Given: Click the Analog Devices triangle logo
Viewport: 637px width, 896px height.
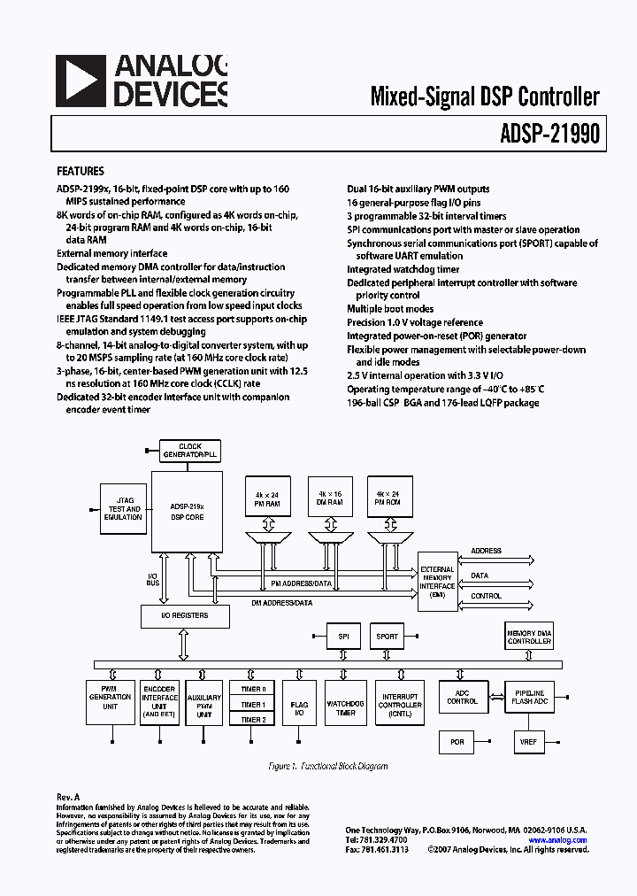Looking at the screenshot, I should pyautogui.click(x=81, y=81).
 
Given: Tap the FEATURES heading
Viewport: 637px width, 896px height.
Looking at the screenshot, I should pyautogui.click(x=81, y=171).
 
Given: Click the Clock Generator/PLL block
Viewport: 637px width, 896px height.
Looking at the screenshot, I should pyautogui.click(x=190, y=450).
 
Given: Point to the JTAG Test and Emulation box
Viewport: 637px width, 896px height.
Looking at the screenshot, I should pyautogui.click(x=122, y=509).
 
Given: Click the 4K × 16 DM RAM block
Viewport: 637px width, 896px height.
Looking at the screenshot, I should pyautogui.click(x=325, y=497).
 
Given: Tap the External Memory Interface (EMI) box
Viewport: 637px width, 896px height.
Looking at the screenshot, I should pyautogui.click(x=437, y=581).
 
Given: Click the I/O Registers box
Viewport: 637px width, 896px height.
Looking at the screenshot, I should pyautogui.click(x=184, y=614).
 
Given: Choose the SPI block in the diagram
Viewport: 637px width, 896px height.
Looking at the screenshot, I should pyautogui.click(x=343, y=636).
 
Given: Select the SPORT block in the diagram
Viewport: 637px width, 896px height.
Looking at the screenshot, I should pyautogui.click(x=387, y=636).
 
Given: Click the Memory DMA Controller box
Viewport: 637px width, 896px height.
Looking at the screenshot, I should pyautogui.click(x=529, y=636).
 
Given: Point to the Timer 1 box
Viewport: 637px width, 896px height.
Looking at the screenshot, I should pyautogui.click(x=253, y=704).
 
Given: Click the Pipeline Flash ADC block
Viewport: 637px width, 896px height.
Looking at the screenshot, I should pyautogui.click(x=529, y=697).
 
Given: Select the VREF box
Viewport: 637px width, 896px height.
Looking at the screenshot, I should pyautogui.click(x=529, y=742).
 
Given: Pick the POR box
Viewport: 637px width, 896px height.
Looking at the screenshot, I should pyautogui.click(x=457, y=742).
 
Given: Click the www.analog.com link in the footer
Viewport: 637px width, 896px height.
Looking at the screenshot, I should pyautogui.click(x=557, y=840).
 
